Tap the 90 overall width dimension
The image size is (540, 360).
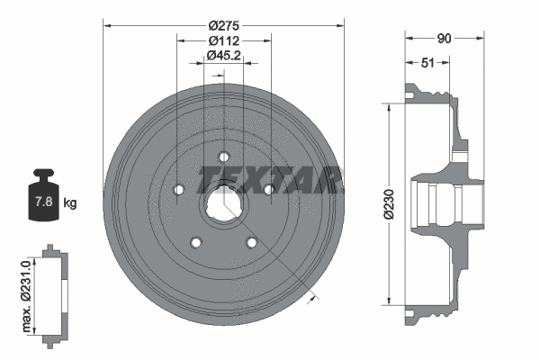tap(445, 40)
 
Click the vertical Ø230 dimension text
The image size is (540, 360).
tap(378, 204)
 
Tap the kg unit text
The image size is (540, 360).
tap(70, 202)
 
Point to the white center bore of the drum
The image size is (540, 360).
tap(223, 206)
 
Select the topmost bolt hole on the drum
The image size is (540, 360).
tap(223, 157)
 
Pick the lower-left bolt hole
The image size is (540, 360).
tap(194, 243)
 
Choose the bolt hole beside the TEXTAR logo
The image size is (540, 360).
tap(269, 189)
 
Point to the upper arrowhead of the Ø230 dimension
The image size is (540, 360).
tap(390, 106)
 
